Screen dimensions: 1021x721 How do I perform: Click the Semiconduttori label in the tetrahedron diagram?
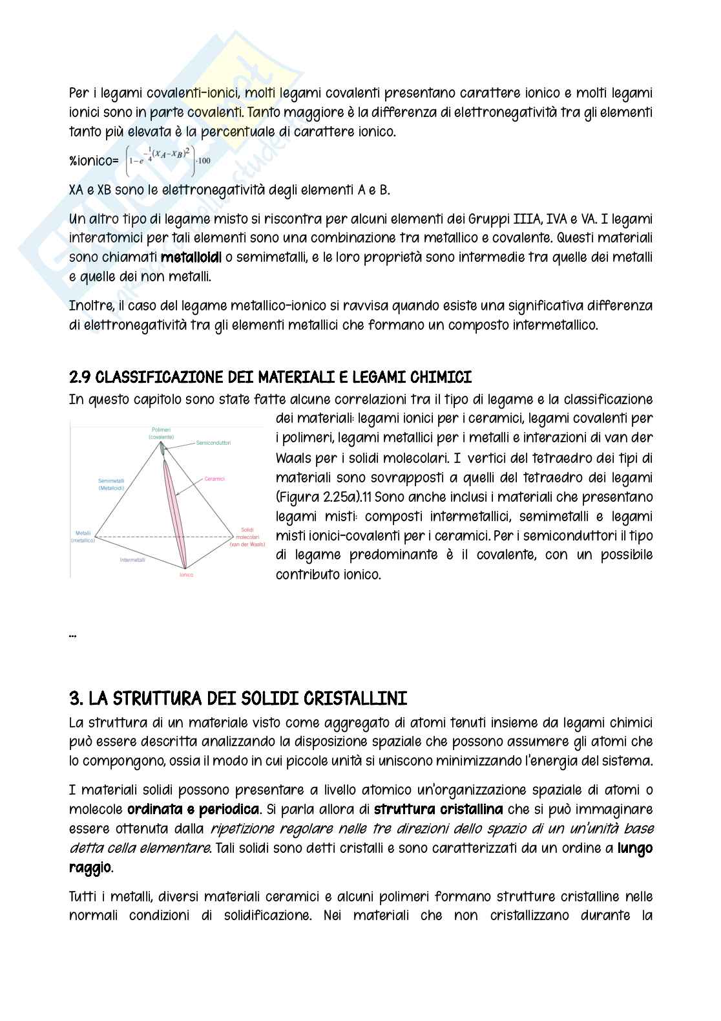pyautogui.click(x=213, y=443)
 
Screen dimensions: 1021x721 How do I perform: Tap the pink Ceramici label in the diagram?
pyautogui.click(x=214, y=479)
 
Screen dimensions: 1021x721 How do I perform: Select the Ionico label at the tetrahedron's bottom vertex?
pyautogui.click(x=186, y=574)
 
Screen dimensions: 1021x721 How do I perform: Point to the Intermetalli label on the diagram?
pyautogui.click(x=132, y=559)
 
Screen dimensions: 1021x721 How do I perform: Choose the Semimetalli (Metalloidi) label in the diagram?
pyautogui.click(x=111, y=484)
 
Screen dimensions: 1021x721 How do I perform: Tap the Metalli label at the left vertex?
pyautogui.click(x=83, y=537)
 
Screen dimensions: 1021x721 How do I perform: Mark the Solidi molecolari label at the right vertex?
pyautogui.click(x=247, y=537)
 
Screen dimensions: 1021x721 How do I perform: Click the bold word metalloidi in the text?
pyautogui.click(x=191, y=257)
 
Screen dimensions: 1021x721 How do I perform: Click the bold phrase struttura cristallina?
pyautogui.click(x=438, y=809)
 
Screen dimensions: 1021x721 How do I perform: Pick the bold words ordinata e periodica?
pyautogui.click(x=193, y=809)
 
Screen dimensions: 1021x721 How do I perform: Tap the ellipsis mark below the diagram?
pyautogui.click(x=72, y=636)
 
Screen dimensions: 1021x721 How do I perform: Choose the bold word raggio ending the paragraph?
pyautogui.click(x=90, y=867)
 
